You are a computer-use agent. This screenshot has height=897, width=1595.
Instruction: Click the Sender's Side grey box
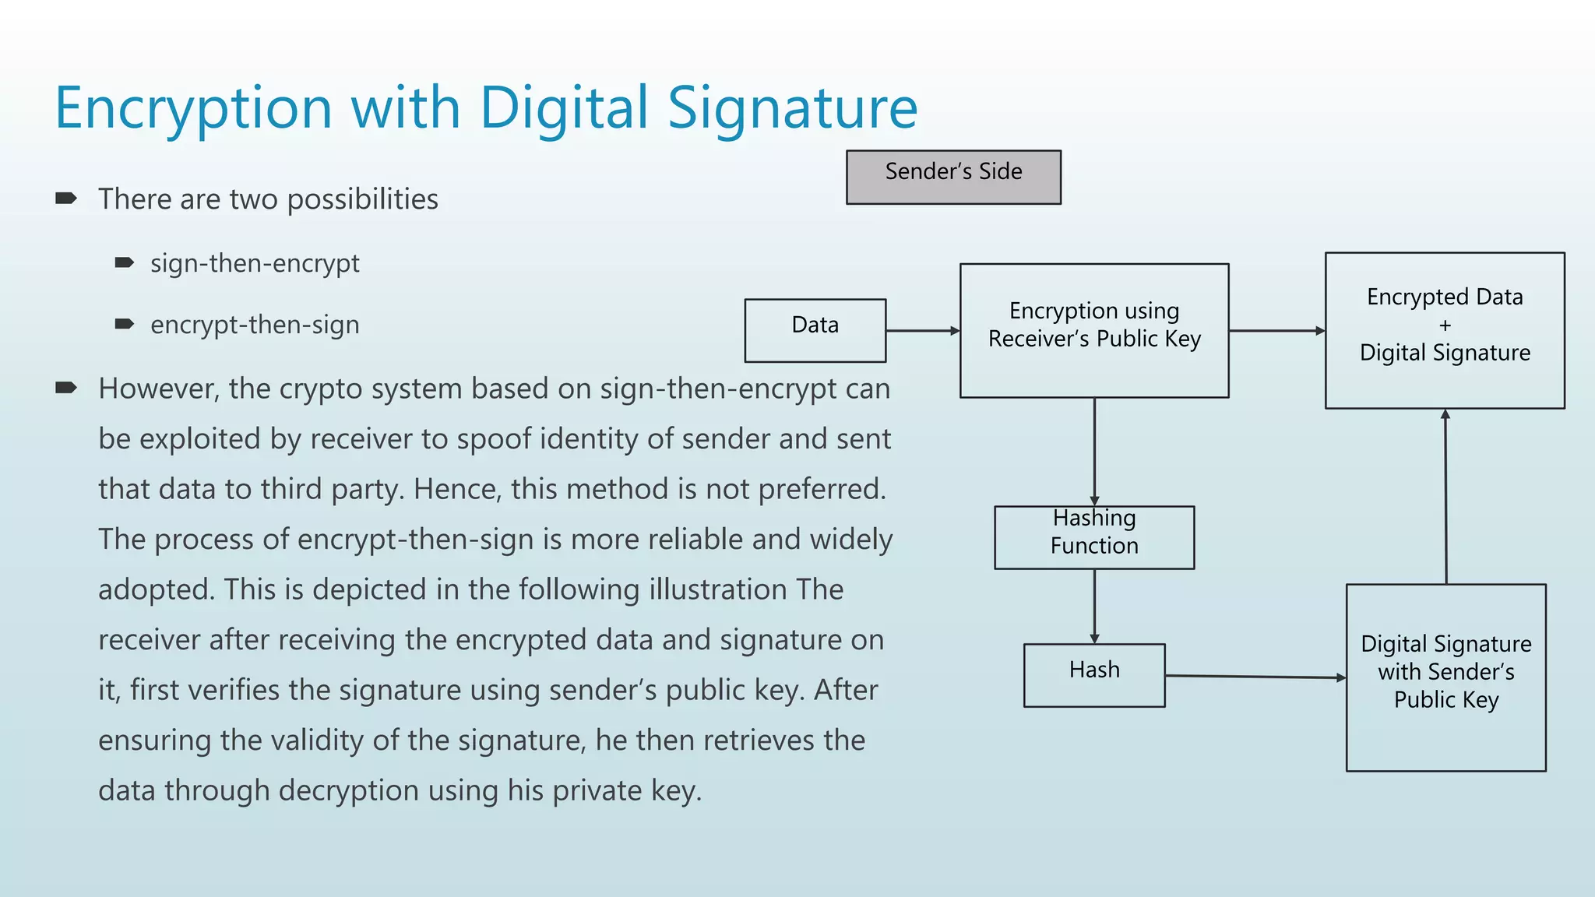point(953,177)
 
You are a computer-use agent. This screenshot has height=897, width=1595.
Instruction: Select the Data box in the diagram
point(815,330)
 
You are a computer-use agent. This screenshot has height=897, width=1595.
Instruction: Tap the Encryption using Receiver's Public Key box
point(1093,330)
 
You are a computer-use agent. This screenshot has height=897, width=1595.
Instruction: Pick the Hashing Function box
point(1093,537)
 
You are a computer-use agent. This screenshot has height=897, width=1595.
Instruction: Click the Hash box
point(1093,675)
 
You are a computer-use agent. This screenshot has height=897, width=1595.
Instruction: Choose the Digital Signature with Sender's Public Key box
point(1445,677)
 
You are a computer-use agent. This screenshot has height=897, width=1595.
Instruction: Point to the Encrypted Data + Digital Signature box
point(1445,330)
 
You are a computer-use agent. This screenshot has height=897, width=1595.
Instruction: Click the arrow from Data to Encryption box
point(922,331)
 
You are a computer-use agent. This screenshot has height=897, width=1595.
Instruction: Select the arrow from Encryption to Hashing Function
point(1094,452)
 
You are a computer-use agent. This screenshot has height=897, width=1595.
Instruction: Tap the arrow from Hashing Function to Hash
point(1094,606)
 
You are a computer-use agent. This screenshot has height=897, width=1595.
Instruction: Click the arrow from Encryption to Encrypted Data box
point(1276,331)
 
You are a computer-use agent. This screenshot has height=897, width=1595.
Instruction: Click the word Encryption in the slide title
point(194,108)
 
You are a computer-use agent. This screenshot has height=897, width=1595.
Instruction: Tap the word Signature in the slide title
point(793,108)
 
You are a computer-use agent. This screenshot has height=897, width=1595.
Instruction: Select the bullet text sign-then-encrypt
point(255,263)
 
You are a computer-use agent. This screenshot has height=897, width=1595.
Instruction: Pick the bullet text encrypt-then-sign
point(255,325)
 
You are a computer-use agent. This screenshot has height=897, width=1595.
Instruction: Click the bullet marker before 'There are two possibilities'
point(66,199)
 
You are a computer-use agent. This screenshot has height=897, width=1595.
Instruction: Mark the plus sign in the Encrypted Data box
point(1445,325)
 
